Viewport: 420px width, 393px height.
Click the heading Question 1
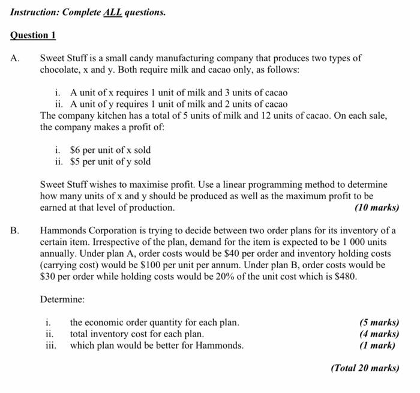coord(33,35)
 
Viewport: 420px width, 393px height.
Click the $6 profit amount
coord(76,150)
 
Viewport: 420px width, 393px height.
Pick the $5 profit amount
coord(76,161)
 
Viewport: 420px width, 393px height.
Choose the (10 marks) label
coord(376,208)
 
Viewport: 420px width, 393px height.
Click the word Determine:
coord(62,299)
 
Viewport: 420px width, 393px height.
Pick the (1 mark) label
coord(377,345)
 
